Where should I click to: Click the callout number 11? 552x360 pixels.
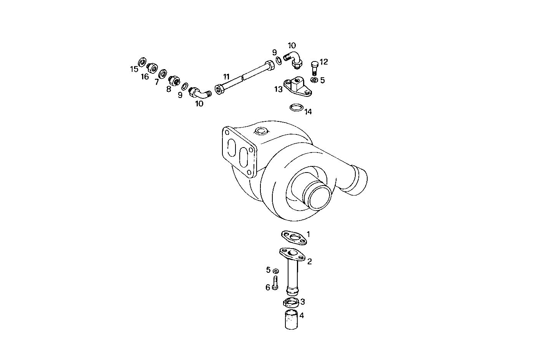tap(226, 76)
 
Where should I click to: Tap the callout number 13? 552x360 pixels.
tap(278, 89)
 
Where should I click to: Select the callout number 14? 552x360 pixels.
tap(308, 112)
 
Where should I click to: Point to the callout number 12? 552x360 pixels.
tap(323, 62)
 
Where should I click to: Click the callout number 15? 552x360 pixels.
tap(134, 69)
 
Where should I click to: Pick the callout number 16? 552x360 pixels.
tap(144, 76)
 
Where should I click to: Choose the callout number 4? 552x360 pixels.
tap(302, 315)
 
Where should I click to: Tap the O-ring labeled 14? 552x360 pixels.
tap(296, 107)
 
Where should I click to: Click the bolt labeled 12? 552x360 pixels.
tap(314, 68)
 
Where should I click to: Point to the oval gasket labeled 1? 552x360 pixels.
tap(294, 237)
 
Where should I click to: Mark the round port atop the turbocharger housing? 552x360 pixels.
tap(261, 131)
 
